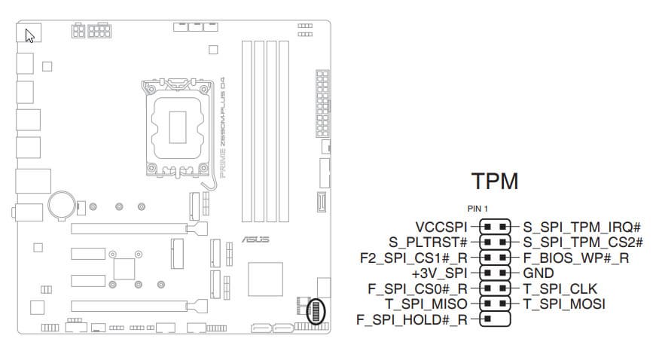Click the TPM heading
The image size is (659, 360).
click(495, 182)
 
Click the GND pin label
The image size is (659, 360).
click(538, 273)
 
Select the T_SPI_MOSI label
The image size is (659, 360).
click(563, 304)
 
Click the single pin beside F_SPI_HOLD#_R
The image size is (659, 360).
click(487, 320)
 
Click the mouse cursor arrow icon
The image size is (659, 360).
click(30, 35)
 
